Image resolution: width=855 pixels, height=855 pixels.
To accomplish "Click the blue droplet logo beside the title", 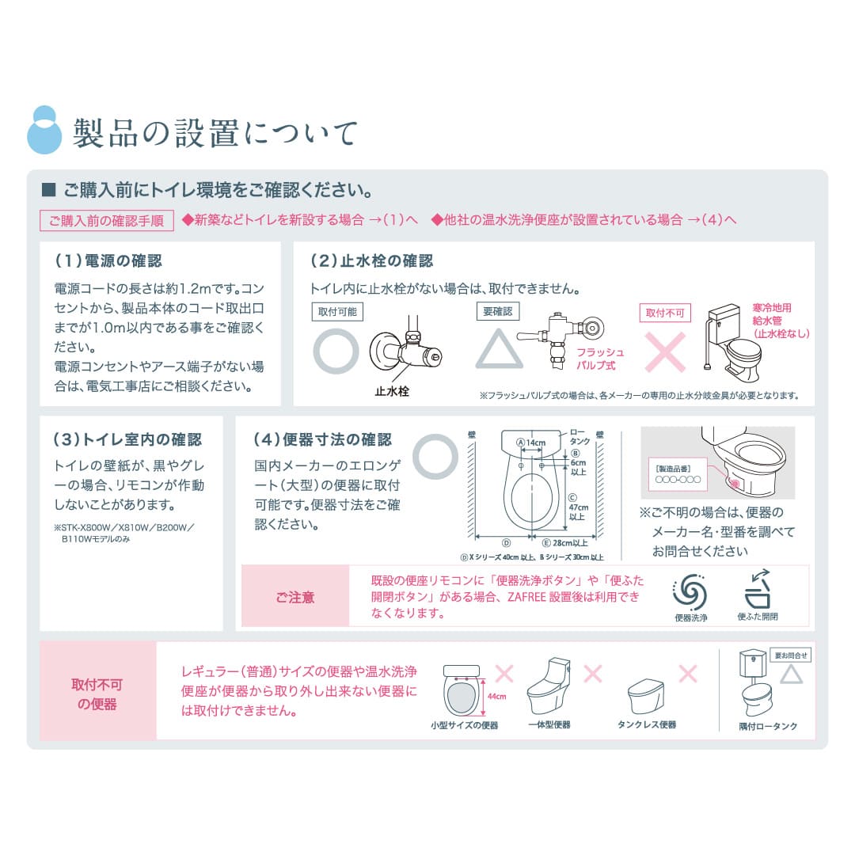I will coord(44,130).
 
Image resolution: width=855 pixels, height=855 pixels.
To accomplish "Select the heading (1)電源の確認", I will coord(108,261).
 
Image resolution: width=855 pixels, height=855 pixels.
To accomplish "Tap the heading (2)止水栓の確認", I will coord(371,261).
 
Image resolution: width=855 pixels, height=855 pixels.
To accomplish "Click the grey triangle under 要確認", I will coord(499,349).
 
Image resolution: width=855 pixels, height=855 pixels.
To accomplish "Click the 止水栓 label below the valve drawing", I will coord(392,391).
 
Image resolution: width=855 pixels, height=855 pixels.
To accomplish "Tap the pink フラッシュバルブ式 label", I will coord(599,359).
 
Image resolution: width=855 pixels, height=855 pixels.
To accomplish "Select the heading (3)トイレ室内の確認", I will coord(127,439).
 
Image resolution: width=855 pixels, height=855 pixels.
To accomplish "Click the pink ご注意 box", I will coord(295,597).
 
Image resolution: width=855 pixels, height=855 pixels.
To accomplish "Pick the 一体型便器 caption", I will coord(549,724).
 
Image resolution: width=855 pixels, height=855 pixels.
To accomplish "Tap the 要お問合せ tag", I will coord(792,655).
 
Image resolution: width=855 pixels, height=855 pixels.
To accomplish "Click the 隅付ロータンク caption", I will coord(768,726).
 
